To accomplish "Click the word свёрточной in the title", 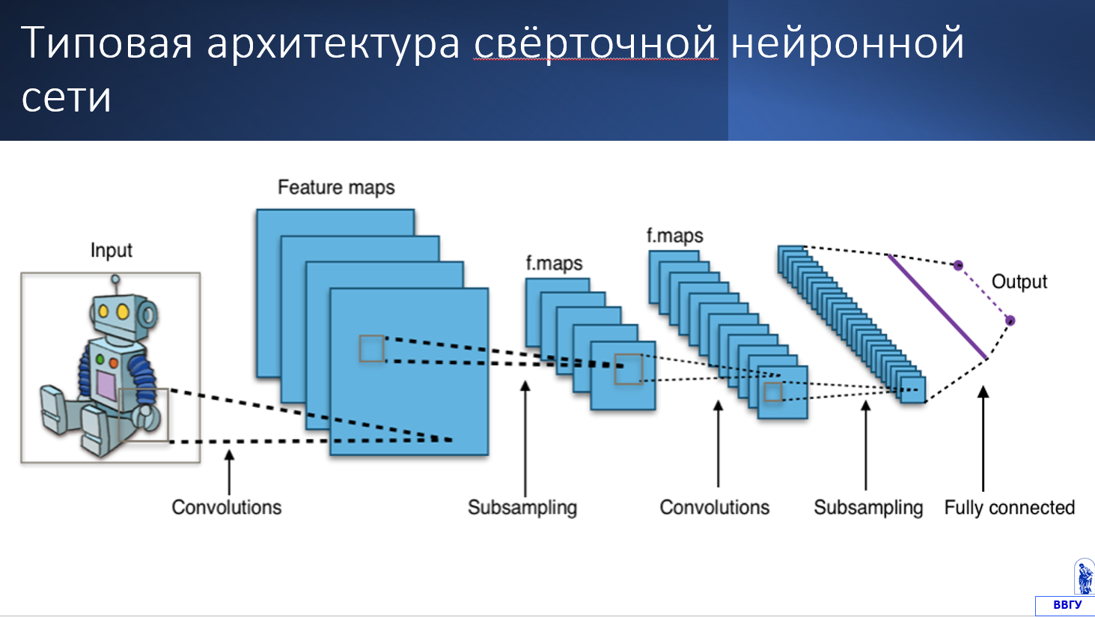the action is (596, 43).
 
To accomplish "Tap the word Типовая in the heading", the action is (106, 43).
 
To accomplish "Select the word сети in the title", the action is (66, 97).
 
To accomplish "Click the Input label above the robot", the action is (111, 251).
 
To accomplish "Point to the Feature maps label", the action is (336, 188).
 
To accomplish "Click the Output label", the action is (1019, 282).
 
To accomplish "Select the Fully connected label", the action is (1010, 508).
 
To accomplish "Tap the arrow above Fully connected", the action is (983, 439).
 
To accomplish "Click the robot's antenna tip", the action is (115, 279).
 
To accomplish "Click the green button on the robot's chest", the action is (100, 360).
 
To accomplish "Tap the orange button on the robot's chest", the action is (114, 363).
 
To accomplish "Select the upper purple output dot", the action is (958, 266).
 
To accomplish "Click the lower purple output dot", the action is (1010, 320).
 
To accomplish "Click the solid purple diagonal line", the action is (938, 307).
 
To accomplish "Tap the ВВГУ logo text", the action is (1067, 605).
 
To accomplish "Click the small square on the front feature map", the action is (371, 349).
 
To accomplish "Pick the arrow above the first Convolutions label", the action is (229, 472).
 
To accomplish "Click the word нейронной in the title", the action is (847, 43).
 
